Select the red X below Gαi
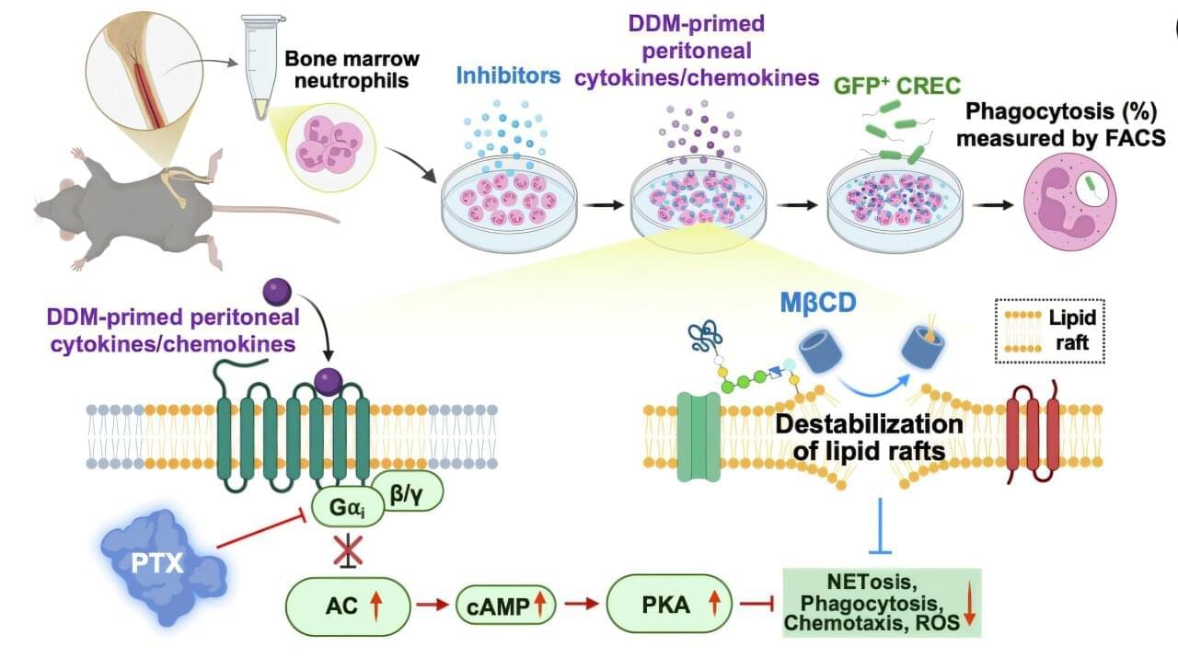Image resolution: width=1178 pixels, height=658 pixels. point(347,551)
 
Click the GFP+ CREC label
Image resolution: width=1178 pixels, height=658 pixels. point(897,86)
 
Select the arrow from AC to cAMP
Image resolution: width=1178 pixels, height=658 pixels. point(432,605)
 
